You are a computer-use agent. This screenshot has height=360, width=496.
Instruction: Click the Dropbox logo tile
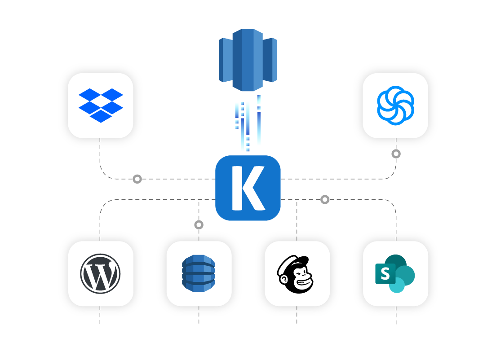tap(101, 105)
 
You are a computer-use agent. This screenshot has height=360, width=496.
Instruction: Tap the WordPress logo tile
tap(101, 273)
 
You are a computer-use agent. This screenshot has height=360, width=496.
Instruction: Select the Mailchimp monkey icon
tap(297, 274)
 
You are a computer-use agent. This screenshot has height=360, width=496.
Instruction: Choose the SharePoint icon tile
tap(395, 273)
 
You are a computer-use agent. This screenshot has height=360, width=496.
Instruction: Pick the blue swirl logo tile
tap(395, 105)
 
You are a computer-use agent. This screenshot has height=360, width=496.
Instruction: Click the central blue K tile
tap(248, 188)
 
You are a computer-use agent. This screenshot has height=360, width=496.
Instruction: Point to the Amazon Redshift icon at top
tap(248, 60)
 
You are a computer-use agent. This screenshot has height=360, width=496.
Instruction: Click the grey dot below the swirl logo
tap(396, 154)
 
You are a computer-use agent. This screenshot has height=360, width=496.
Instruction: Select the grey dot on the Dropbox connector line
tap(137, 179)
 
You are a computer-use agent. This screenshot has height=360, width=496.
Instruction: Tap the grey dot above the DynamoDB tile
tap(199, 224)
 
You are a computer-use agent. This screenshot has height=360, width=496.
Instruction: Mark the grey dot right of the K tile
tap(325, 199)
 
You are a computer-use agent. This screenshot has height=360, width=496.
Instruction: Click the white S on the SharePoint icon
tap(385, 274)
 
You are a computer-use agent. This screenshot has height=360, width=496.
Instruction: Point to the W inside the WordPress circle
tap(100, 273)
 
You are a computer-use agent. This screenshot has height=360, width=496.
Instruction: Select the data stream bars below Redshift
tap(248, 123)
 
